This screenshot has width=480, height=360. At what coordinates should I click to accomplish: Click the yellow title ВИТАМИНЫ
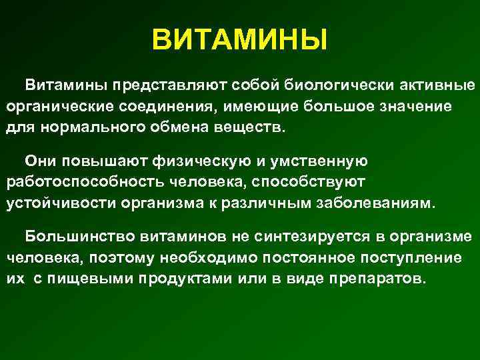(x=239, y=39)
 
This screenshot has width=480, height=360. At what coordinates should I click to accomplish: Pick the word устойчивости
(x=54, y=203)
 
